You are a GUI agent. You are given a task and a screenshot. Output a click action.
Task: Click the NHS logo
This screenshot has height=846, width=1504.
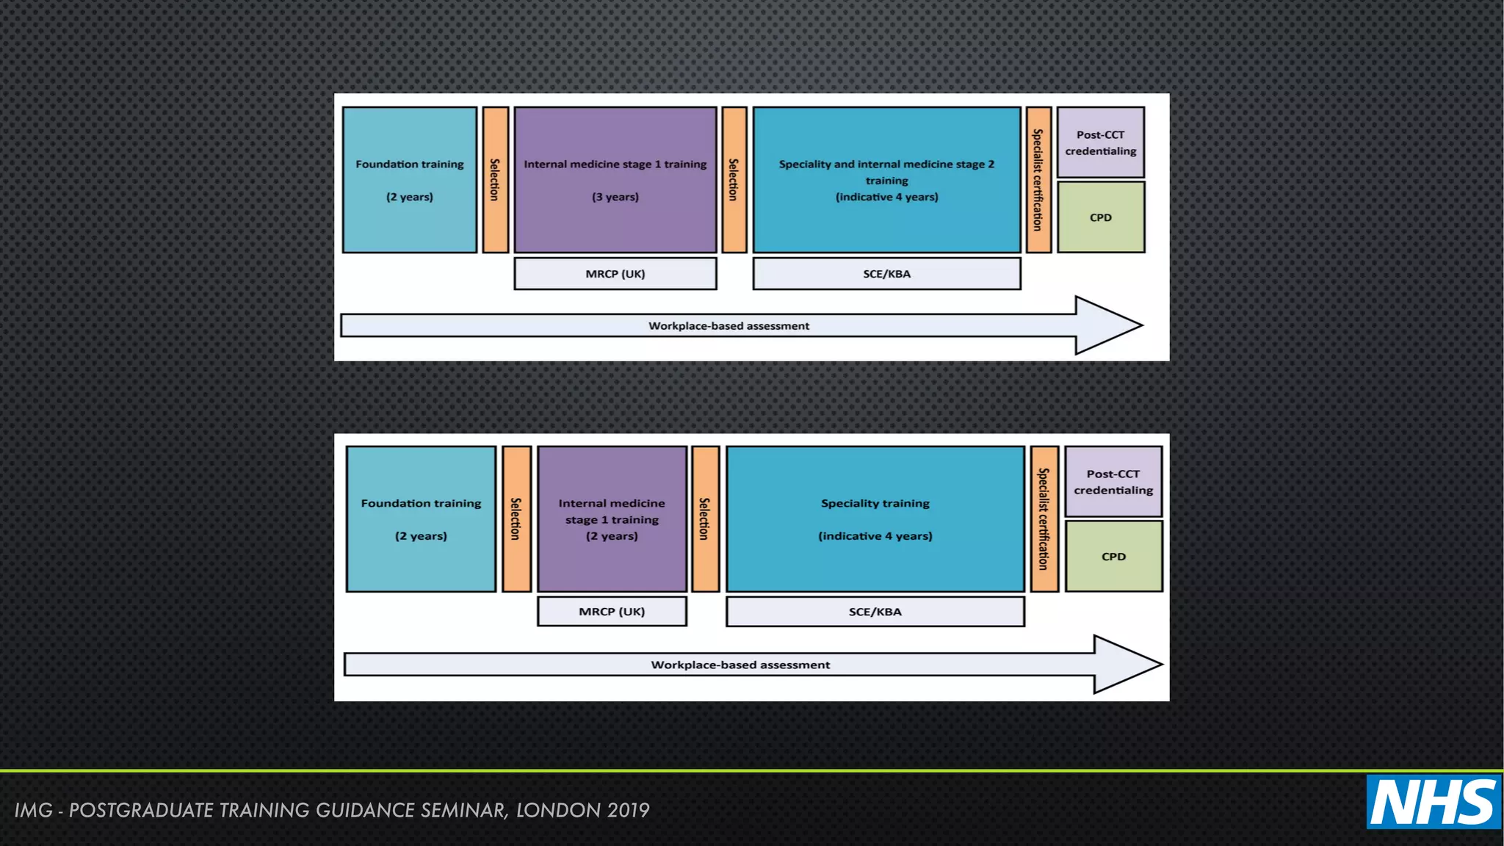pos(1433,802)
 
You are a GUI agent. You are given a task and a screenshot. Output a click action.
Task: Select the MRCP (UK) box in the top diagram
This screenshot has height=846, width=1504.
pos(615,274)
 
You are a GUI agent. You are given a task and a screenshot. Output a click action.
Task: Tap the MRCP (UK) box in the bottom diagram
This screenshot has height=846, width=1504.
pos(611,612)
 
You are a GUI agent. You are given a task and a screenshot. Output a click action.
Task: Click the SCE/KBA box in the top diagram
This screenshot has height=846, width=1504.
pos(886,274)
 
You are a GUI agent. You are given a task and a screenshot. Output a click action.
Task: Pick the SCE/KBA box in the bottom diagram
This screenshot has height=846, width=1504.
pos(875,612)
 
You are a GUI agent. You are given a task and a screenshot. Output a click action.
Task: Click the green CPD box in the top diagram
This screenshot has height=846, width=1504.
pos(1100,217)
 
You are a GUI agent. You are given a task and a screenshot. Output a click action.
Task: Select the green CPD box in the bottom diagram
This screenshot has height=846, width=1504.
pos(1113,557)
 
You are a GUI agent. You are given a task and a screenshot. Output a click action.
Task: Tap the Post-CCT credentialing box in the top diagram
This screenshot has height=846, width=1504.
pos(1100,142)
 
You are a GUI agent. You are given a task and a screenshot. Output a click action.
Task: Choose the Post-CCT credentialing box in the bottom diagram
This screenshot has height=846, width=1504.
pos(1113,482)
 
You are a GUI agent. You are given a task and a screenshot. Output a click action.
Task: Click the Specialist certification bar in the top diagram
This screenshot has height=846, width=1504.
pos(1038,180)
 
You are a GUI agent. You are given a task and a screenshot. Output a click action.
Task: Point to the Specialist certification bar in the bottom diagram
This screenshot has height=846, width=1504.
pos(1044,519)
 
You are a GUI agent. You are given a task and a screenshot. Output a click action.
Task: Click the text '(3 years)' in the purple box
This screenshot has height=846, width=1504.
pos(615,197)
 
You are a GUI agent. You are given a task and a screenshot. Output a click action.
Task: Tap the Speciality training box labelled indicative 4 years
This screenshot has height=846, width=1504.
pos(875,519)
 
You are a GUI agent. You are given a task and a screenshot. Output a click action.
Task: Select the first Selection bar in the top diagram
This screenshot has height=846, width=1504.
pos(495,180)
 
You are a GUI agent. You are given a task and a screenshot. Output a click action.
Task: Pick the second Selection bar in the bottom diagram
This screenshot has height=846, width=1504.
pos(705,519)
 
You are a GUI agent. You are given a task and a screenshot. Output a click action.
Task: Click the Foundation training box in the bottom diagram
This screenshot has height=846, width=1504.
pos(421,519)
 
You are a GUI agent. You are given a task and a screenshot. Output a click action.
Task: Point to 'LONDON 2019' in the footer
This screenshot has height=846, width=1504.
pos(582,810)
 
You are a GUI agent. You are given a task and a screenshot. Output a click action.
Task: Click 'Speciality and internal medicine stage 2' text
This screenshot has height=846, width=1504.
pos(886,164)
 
